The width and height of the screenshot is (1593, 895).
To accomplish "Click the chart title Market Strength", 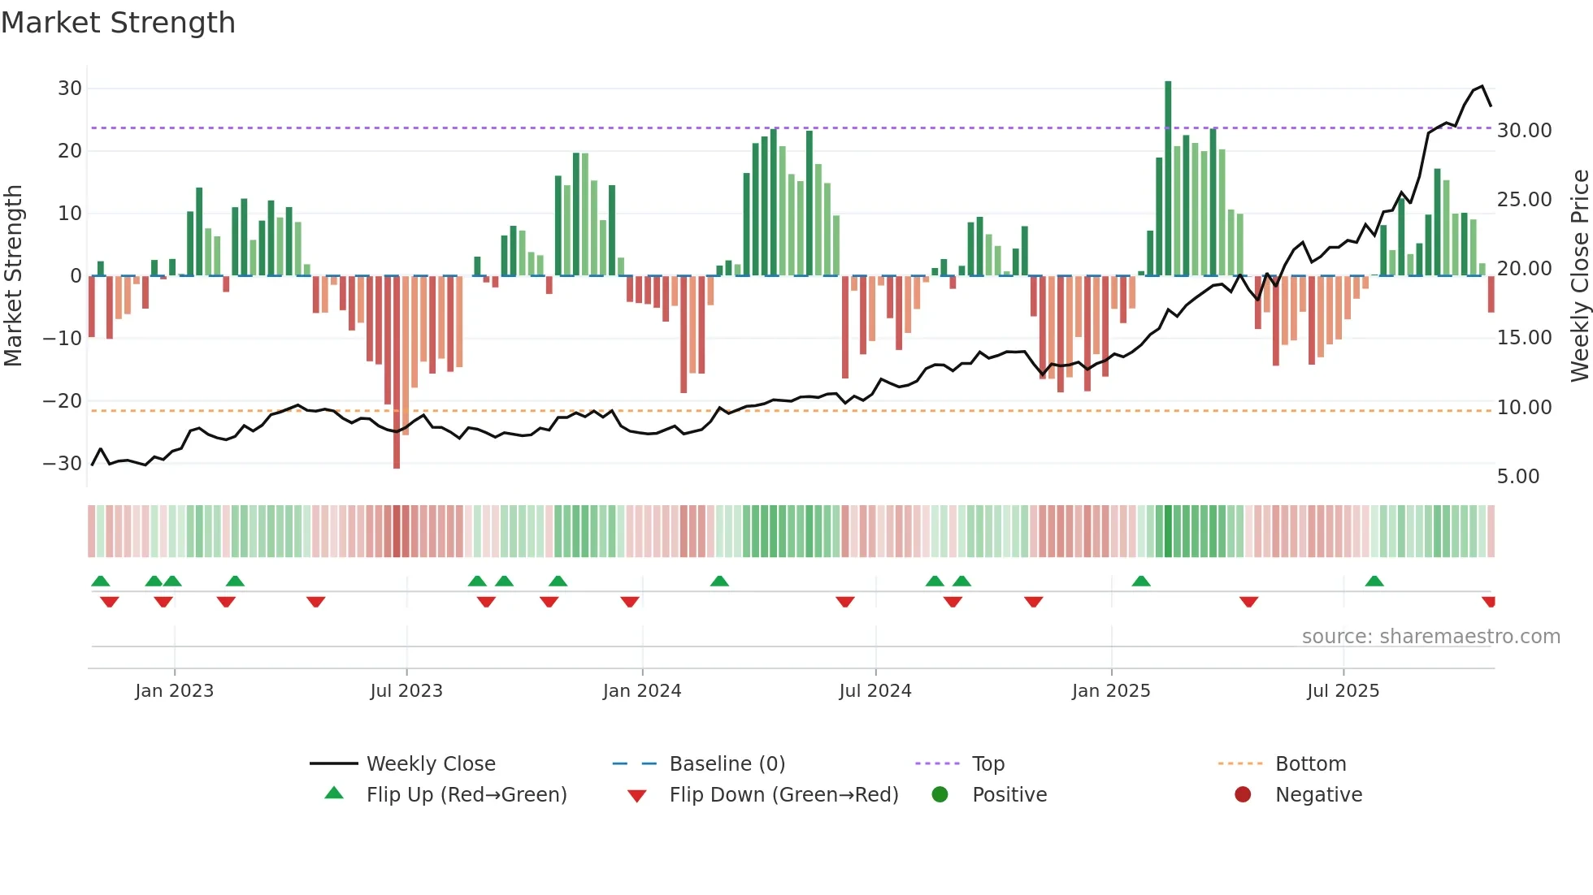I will coord(118,23).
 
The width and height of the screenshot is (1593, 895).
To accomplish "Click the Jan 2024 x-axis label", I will coord(641,691).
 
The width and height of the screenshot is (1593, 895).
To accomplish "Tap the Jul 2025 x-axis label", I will coord(1343,691).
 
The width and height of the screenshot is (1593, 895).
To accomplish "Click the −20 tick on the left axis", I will coord(63,401).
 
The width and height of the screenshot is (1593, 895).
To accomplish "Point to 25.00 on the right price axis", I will coord(1524,200).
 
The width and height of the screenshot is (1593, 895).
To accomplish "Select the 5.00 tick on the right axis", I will coord(1518,477).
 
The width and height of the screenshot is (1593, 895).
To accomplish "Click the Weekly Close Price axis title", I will coord(1579,276).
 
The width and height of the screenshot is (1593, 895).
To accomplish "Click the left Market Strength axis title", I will coord(13,276).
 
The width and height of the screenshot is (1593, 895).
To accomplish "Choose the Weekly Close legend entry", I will coord(430,764).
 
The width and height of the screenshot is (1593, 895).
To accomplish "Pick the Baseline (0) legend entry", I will coord(727,764).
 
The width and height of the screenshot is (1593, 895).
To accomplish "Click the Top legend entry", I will coord(987,764).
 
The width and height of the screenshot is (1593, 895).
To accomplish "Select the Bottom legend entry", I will coord(1310,764).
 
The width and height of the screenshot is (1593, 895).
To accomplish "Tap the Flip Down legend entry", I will coord(783,795).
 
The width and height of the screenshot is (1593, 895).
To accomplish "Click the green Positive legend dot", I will coord(940,795).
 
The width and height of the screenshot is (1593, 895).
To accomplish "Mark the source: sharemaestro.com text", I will coord(1430,637).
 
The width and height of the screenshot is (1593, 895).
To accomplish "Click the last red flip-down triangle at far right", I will coord(1488,602).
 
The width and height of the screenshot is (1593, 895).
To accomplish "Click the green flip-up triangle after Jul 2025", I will coord(1374,582).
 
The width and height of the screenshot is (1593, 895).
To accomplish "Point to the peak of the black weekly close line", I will coord(1482,86).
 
